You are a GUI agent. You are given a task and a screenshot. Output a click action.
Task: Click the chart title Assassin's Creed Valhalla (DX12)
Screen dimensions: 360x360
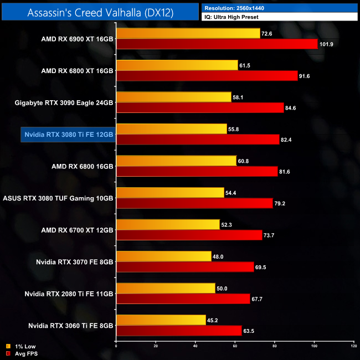point(100,13)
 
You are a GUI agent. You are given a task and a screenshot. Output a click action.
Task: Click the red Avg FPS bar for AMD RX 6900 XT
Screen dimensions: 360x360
point(217,44)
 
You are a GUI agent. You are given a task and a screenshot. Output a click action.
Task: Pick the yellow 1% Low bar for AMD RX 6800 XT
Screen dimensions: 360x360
point(177,65)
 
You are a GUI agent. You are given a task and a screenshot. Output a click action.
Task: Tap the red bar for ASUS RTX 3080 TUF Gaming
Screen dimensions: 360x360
point(194,203)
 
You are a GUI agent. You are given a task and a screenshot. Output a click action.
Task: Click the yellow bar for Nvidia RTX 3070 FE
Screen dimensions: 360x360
point(163,255)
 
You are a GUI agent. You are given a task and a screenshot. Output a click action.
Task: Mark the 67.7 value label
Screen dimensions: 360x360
point(259,298)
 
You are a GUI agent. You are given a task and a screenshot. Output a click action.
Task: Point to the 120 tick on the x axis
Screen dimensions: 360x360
point(353,346)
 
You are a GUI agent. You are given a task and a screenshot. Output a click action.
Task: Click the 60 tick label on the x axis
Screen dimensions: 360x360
point(234,346)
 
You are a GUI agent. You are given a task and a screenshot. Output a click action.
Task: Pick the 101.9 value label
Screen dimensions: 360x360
point(328,44)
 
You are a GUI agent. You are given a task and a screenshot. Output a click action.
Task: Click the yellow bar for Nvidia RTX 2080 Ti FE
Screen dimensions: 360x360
point(166,287)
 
